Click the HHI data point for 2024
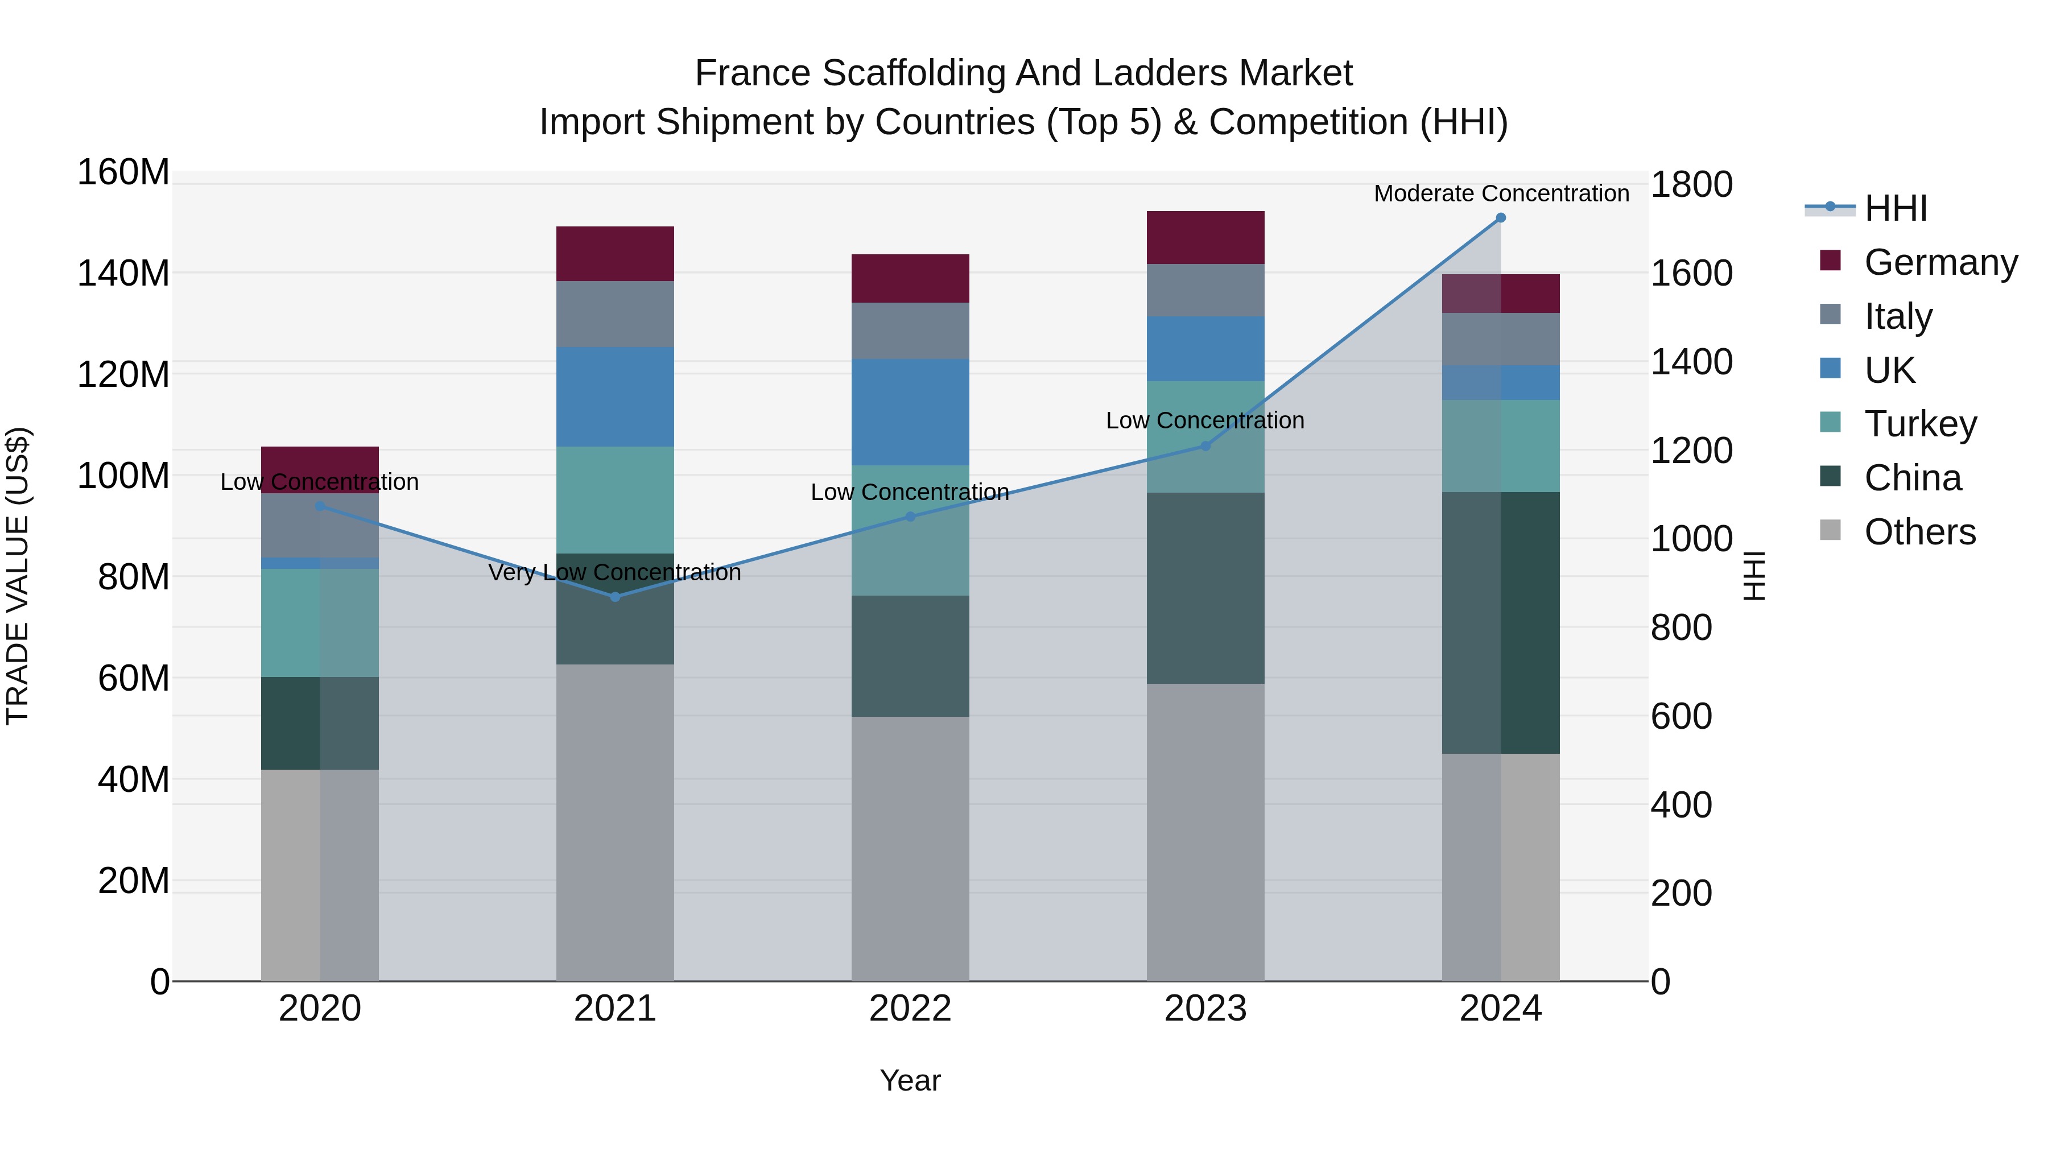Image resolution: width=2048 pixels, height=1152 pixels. click(1500, 218)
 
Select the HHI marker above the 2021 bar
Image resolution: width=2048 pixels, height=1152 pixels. click(614, 596)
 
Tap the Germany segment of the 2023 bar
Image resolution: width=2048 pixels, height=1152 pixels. click(1205, 238)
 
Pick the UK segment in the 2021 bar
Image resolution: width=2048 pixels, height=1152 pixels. click(614, 397)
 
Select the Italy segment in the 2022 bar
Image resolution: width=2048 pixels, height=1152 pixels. click(910, 331)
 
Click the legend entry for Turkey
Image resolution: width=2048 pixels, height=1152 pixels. click(1920, 424)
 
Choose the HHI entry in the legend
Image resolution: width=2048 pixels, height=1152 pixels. click(1896, 208)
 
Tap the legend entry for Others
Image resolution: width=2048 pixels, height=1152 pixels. click(1919, 532)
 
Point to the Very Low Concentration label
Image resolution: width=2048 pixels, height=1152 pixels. click(614, 572)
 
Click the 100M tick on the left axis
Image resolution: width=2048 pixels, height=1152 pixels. click(123, 476)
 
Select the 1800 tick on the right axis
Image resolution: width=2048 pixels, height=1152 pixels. click(1691, 184)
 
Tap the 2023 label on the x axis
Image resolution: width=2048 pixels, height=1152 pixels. click(1205, 1009)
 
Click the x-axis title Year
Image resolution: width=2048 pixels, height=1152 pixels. click(910, 1080)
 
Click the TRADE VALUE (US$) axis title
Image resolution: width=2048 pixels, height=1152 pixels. click(18, 576)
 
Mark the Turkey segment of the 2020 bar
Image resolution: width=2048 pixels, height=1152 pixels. click(320, 622)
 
